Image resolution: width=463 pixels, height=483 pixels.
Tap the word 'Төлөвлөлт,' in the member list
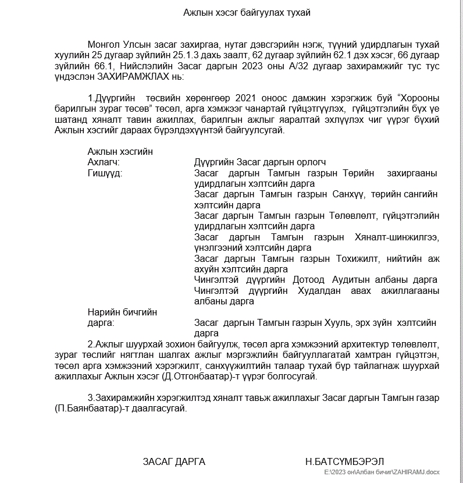click(x=355, y=215)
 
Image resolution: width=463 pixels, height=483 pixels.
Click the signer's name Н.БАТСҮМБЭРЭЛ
click(x=344, y=461)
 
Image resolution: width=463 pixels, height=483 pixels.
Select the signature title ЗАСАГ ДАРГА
click(x=174, y=461)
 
